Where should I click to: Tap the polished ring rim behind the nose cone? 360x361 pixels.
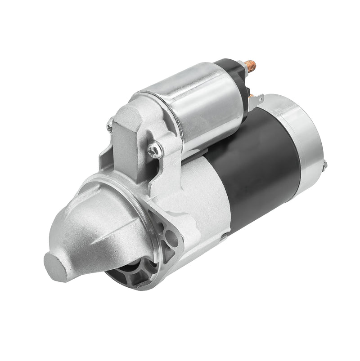(148, 234)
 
